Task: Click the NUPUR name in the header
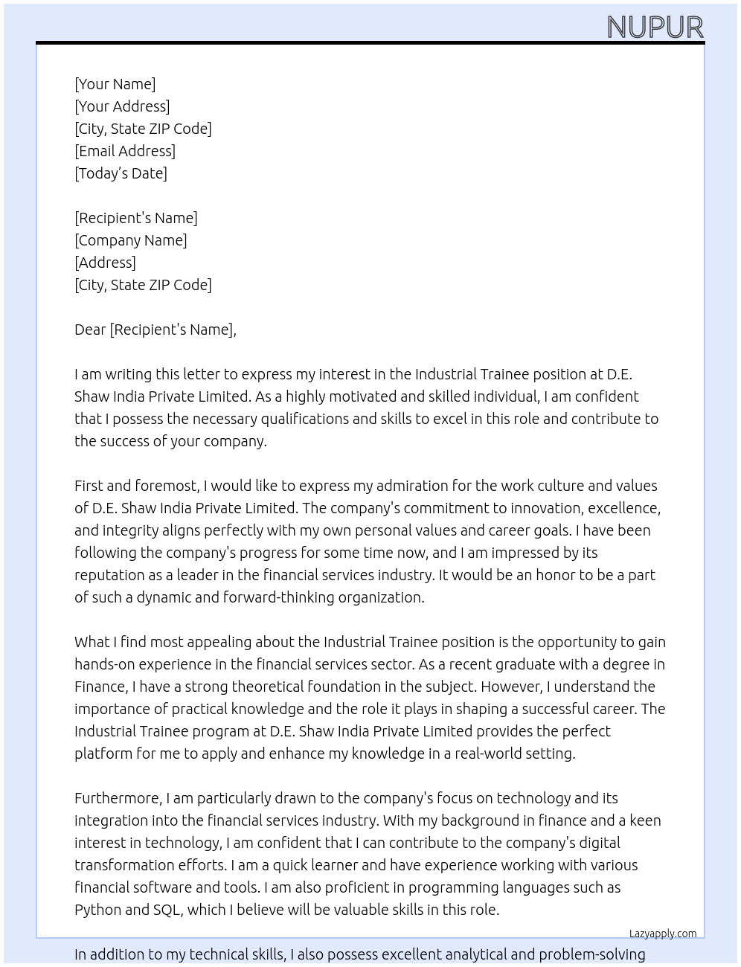pos(655,28)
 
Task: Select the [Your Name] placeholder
pos(115,84)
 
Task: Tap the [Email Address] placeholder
pos(125,151)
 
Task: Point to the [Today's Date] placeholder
pos(121,173)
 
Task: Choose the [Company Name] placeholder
pos(131,240)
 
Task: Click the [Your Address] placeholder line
pos(122,106)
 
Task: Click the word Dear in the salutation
pos(90,330)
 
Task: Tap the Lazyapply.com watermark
pos(663,934)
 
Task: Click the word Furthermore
pos(118,798)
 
